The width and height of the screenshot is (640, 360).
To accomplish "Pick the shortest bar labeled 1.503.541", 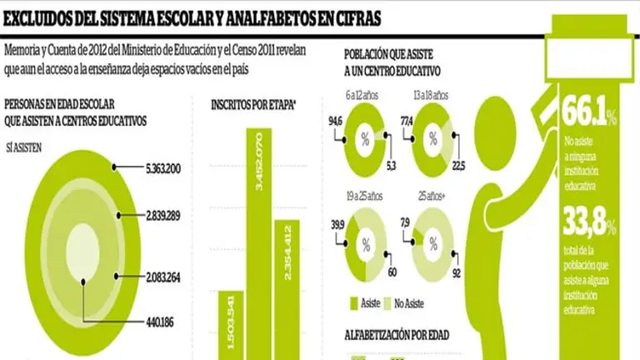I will click(x=232, y=325).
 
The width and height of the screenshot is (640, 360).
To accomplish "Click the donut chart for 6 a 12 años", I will click(x=364, y=139).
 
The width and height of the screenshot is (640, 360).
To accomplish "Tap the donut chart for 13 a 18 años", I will click(x=433, y=139).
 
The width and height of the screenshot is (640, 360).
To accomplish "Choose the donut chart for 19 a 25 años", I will click(x=364, y=245).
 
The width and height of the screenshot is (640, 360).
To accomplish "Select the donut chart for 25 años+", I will click(x=433, y=245).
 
